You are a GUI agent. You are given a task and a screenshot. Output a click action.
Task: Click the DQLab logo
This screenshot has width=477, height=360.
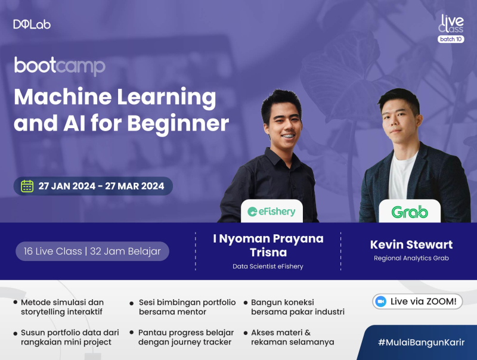(32, 24)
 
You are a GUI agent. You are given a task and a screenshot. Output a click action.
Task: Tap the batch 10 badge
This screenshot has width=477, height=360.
(450, 39)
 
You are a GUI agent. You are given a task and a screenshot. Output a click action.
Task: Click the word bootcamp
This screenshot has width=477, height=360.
(60, 66)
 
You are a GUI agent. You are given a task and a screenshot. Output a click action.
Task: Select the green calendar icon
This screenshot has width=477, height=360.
(27, 186)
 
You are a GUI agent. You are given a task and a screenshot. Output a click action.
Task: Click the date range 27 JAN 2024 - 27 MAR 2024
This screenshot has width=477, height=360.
(101, 186)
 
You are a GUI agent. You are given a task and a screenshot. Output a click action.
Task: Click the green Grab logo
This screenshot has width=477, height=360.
(410, 211)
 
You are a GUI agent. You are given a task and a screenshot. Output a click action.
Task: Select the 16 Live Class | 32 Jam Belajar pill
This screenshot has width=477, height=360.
(92, 251)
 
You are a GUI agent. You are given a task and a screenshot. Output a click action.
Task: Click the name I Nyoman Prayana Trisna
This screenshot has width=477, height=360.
(268, 245)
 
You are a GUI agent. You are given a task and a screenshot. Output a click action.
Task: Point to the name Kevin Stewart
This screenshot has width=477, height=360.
(411, 244)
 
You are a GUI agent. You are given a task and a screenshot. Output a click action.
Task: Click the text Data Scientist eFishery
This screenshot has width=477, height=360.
(268, 266)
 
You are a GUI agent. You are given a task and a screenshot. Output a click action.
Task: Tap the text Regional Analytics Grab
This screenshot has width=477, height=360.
(411, 258)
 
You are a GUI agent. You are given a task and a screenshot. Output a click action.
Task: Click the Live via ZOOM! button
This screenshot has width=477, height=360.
(417, 302)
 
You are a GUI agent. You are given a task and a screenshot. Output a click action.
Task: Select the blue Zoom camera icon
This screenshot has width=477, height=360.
(382, 302)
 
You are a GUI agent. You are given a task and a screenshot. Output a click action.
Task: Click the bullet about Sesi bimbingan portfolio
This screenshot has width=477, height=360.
(187, 307)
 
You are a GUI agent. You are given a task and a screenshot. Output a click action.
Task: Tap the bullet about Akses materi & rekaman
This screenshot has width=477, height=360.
(292, 337)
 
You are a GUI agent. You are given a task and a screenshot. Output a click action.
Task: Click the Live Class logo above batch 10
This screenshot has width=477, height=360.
(451, 24)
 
